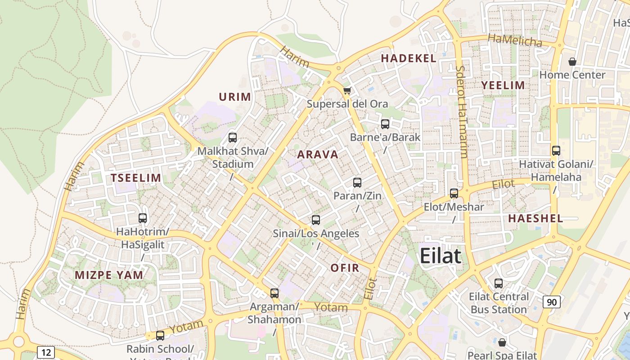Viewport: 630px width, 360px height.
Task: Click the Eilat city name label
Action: coord(441,256)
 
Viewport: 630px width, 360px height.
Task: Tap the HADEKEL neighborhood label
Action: coord(409,58)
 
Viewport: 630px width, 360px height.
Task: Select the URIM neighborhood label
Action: coord(234,97)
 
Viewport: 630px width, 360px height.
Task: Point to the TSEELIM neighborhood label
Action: coord(136,178)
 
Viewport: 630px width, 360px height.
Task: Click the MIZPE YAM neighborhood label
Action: coord(109,275)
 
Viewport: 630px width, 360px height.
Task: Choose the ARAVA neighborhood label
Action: coord(318,155)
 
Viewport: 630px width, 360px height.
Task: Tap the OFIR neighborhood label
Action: coord(345,268)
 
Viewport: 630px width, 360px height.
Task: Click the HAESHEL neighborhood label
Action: coord(535,219)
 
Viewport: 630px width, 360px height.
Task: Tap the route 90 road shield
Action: coord(552,301)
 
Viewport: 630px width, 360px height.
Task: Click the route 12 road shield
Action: coord(46,352)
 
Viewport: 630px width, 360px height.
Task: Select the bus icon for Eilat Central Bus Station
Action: coord(499,283)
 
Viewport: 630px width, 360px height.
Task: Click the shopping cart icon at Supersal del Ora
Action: coord(347,91)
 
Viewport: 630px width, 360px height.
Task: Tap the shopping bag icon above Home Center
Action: coord(572,62)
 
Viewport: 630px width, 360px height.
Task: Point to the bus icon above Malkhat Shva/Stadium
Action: coord(233,138)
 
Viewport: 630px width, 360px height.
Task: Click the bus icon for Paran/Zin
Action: coord(357,183)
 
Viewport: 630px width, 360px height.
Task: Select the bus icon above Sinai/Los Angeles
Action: coord(316,220)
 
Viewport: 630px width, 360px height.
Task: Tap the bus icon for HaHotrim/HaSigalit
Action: coord(143,218)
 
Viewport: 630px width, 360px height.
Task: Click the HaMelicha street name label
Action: coord(515,40)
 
